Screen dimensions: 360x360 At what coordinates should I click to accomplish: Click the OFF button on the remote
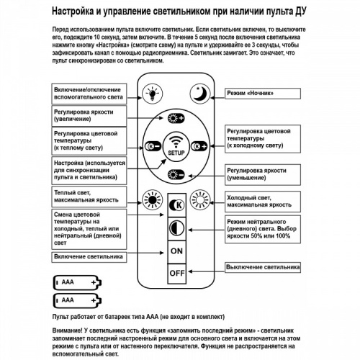[176, 274]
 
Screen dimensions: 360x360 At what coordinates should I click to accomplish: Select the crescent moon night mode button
[199, 92]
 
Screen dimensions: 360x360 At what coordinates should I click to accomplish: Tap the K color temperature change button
[176, 204]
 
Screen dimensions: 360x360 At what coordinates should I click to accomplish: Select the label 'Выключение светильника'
[261, 267]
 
